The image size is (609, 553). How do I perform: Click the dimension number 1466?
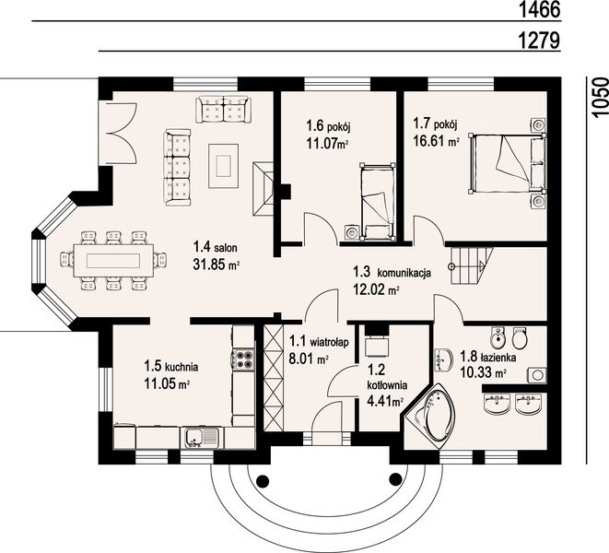tap(540, 10)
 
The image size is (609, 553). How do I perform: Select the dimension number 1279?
tap(540, 40)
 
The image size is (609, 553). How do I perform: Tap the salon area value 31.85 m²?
tap(216, 265)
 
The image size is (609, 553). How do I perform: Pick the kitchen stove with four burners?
tap(243, 359)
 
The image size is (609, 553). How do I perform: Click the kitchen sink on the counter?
tap(202, 438)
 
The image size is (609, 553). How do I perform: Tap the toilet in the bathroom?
tap(519, 338)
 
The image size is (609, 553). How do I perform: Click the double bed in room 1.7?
tap(507, 162)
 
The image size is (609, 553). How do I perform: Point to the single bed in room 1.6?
tap(378, 201)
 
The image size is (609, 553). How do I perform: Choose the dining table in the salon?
tap(113, 260)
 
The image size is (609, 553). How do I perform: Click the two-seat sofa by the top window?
tap(223, 110)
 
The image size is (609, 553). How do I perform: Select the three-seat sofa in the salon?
tap(178, 168)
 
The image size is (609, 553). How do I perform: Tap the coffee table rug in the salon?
tap(223, 166)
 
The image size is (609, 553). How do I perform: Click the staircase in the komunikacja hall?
tap(472, 266)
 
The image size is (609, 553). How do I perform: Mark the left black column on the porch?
tap(263, 481)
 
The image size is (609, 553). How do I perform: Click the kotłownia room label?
tap(387, 385)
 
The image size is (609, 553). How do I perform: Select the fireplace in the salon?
tap(265, 188)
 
